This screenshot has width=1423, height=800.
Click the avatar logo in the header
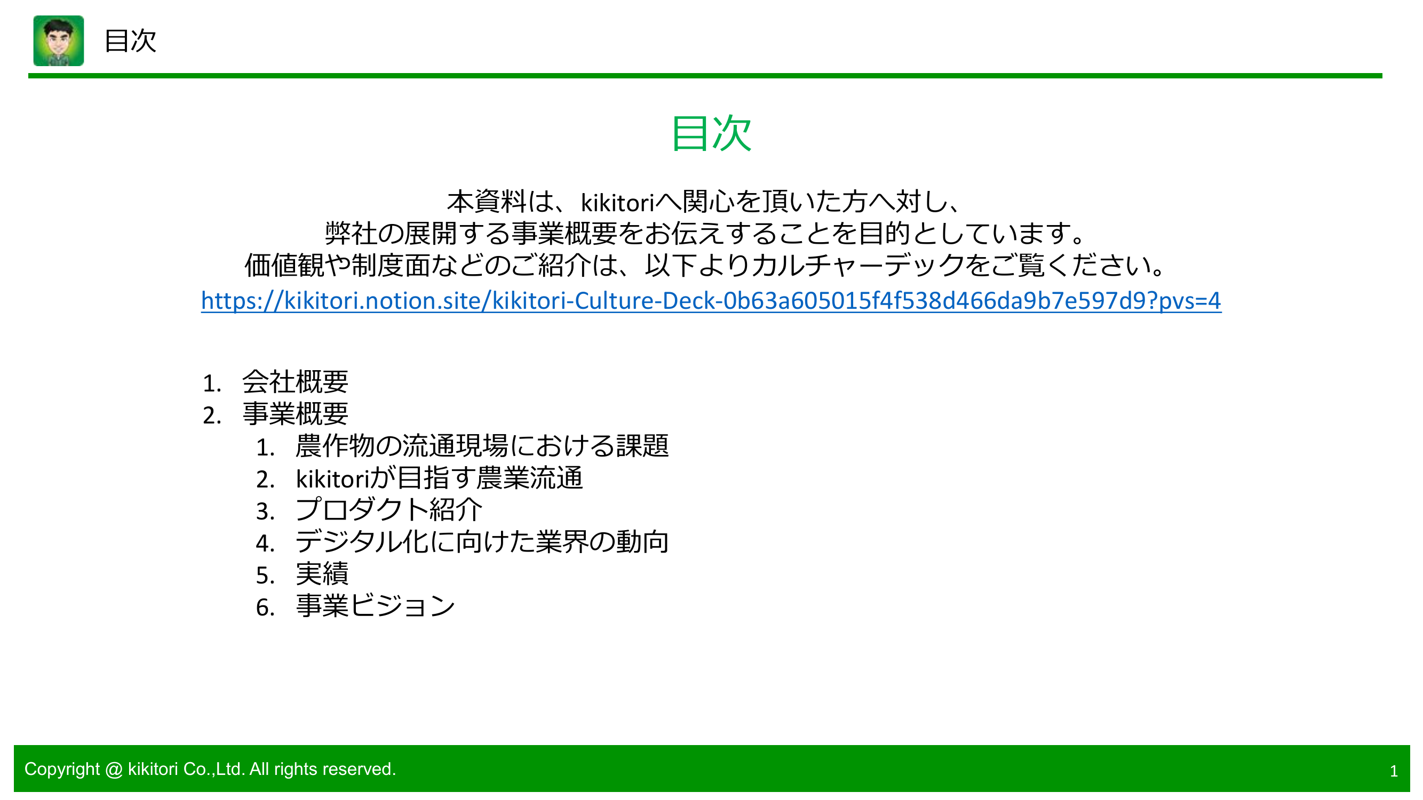[59, 41]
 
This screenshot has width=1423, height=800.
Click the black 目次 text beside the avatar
[130, 42]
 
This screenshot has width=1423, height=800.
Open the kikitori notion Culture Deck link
[711, 301]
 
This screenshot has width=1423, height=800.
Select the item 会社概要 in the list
[295, 382]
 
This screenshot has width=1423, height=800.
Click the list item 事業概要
[295, 414]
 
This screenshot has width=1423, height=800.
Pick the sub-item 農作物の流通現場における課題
[482, 446]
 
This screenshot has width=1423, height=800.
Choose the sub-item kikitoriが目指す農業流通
[439, 478]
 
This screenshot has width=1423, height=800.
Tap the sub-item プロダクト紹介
[389, 510]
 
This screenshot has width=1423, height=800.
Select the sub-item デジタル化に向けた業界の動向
[482, 542]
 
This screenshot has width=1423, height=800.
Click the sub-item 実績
[322, 574]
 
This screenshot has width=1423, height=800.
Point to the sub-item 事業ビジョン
[375, 606]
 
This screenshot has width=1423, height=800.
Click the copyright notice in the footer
[210, 769]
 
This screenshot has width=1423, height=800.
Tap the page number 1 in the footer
[1393, 771]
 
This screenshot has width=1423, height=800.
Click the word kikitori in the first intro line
[617, 203]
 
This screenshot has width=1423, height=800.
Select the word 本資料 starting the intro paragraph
[486, 202]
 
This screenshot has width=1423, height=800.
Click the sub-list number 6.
[265, 607]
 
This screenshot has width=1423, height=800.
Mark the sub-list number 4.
[265, 543]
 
